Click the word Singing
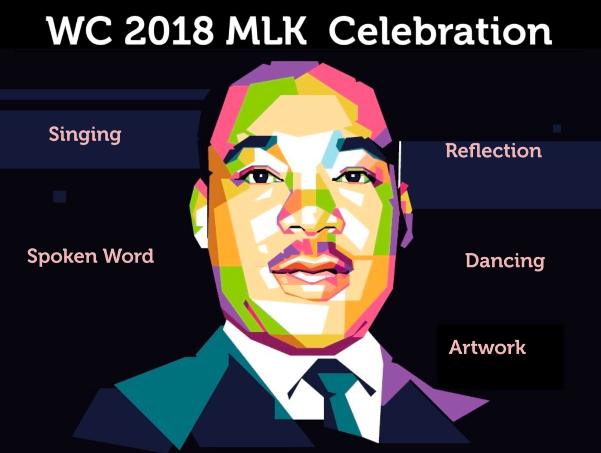pyautogui.click(x=85, y=135)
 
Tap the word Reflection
pyautogui.click(x=493, y=151)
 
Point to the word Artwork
pyautogui.click(x=487, y=347)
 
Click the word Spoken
pyautogui.click(x=62, y=256)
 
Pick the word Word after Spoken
pyautogui.click(x=128, y=256)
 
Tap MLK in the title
pyautogui.click(x=266, y=31)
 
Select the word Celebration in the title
pyautogui.click(x=440, y=30)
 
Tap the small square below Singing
pyautogui.click(x=59, y=197)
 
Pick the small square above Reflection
pyautogui.click(x=557, y=129)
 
